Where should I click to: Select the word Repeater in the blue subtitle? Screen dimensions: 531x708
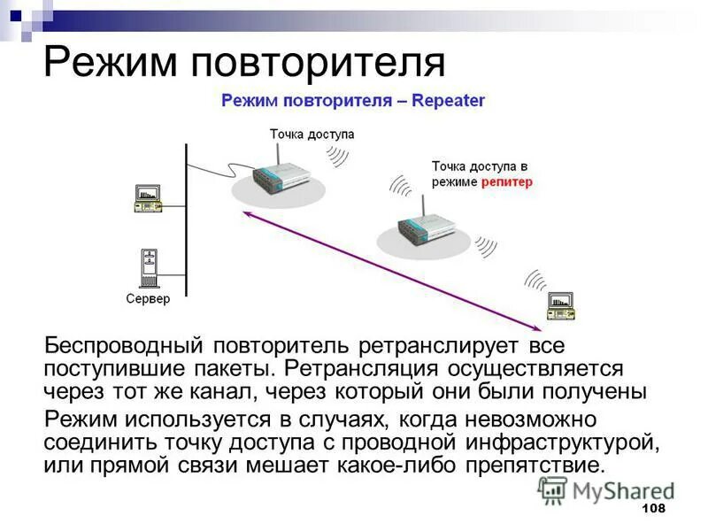448,102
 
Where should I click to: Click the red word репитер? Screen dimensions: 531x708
507,181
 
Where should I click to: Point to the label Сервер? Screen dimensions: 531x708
147,299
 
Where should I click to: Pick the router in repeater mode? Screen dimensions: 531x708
423,227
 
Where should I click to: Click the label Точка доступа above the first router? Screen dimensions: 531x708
312,134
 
